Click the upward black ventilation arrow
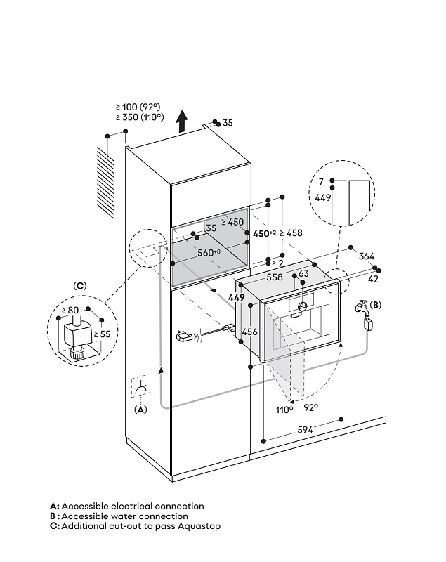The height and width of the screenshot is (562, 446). click(x=183, y=121)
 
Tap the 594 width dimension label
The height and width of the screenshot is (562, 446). click(x=306, y=430)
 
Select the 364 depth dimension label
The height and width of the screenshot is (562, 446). click(x=367, y=256)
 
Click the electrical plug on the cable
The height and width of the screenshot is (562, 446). click(x=185, y=336)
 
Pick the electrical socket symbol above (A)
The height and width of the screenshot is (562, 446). click(x=140, y=386)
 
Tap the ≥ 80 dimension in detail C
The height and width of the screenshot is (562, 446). click(x=70, y=310)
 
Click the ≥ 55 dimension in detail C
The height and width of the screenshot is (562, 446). click(x=102, y=334)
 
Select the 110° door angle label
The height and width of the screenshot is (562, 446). click(x=284, y=410)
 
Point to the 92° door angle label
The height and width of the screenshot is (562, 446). click(x=310, y=407)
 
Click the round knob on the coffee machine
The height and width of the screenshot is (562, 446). click(x=302, y=306)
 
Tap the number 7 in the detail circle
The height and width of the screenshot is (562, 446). click(x=321, y=182)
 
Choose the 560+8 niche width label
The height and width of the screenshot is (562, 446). click(x=209, y=253)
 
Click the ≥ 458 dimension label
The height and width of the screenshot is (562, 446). click(x=291, y=233)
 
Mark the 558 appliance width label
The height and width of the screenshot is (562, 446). click(x=275, y=277)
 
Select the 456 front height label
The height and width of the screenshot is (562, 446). click(x=249, y=332)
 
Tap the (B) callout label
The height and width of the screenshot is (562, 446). click(x=376, y=305)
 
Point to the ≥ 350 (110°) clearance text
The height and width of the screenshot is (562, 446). click(x=140, y=117)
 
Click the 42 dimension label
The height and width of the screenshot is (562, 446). click(x=373, y=279)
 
